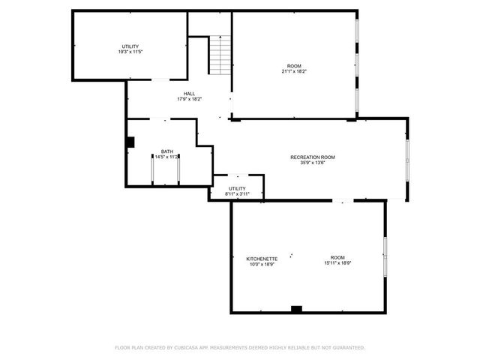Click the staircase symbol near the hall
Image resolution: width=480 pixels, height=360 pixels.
pos(217,55)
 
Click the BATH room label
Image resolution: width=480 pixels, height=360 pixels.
pos(166,152)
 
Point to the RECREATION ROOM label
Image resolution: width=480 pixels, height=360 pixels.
pos(312,157)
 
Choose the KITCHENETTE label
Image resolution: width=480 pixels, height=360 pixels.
pos(262,259)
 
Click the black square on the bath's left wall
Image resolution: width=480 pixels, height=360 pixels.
pos(130,141)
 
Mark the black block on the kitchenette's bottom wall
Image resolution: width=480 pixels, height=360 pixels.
pos(296,309)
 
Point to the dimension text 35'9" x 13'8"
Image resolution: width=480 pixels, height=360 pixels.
pos(312,162)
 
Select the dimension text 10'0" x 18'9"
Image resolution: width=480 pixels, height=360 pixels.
pos(262,264)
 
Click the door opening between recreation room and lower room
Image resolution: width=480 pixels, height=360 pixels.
pos(342,201)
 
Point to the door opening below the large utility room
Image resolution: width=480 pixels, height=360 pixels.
pos(161,79)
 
